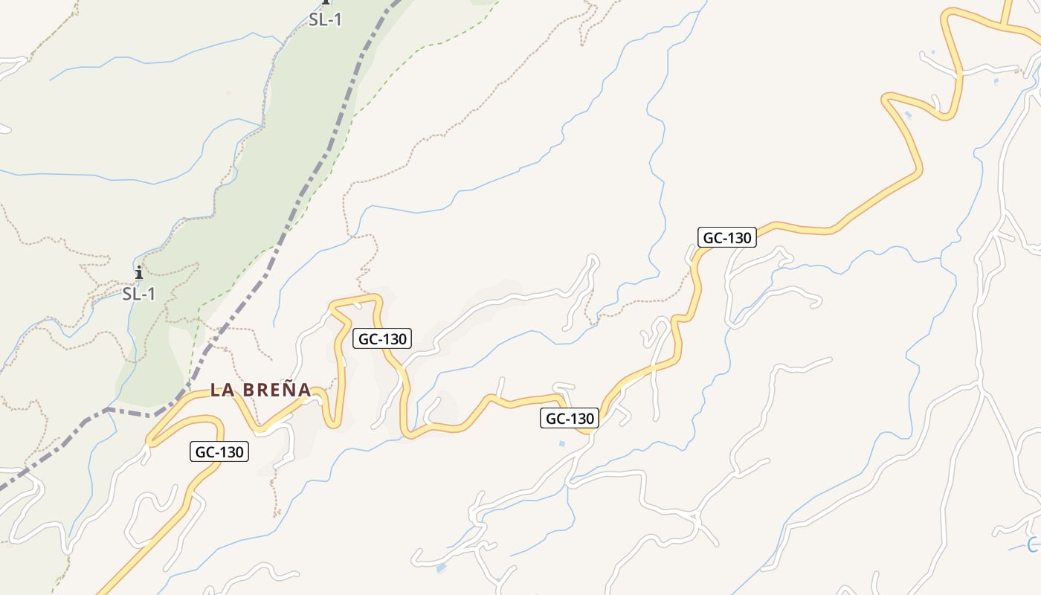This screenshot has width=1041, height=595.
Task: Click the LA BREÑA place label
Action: tap(260, 389)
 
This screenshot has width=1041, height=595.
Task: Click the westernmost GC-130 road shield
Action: tap(219, 451)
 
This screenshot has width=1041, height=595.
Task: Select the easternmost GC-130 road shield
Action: tap(727, 238)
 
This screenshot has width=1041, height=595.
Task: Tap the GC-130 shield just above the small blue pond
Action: tap(570, 419)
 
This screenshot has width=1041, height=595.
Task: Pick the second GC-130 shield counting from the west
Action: tap(382, 339)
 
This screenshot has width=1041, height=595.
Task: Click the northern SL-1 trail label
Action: tap(325, 20)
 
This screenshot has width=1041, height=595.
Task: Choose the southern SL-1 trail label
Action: tap(139, 294)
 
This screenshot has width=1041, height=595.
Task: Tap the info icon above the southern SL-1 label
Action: tap(138, 273)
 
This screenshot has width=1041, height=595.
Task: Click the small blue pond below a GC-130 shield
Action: tap(561, 444)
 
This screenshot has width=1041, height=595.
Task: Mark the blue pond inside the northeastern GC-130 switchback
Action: tap(908, 115)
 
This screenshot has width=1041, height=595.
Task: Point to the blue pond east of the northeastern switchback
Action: tap(996, 82)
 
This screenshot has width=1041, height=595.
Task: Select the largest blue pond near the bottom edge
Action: tap(442, 568)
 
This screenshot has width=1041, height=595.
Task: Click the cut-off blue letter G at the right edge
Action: tap(1034, 546)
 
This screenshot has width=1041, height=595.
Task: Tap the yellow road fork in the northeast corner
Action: tap(1004, 27)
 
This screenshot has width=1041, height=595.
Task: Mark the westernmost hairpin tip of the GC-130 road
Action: tap(149, 442)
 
